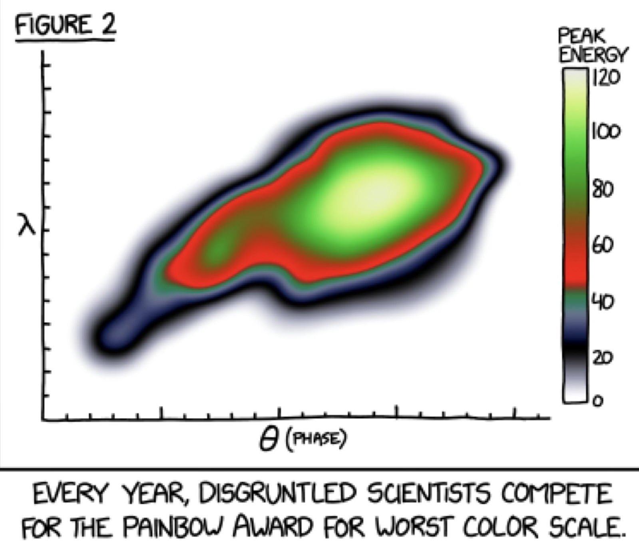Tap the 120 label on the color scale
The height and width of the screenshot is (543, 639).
click(x=606, y=78)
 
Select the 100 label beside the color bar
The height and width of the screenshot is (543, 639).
click(x=606, y=132)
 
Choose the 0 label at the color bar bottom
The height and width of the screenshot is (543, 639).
click(x=598, y=401)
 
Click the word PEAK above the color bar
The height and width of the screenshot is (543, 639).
click(x=582, y=37)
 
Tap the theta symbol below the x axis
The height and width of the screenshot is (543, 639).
click(x=267, y=440)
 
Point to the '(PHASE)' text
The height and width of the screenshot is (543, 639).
click(x=316, y=439)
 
